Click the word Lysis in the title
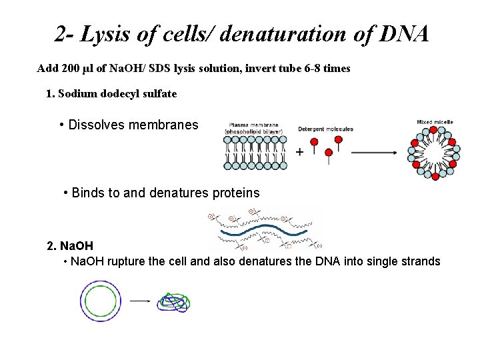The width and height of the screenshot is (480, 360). [x=100, y=34]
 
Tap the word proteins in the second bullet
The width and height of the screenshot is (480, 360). [x=233, y=193]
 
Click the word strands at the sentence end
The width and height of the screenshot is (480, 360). [x=420, y=261]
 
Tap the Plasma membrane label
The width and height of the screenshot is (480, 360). [x=253, y=125]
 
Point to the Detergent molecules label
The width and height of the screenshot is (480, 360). [x=325, y=129]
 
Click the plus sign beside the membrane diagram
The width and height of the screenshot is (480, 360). [x=299, y=153]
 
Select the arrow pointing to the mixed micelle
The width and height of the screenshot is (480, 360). [x=373, y=153]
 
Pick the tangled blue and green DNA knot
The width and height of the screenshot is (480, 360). [x=174, y=303]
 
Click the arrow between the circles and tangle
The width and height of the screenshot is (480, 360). [x=139, y=301]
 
